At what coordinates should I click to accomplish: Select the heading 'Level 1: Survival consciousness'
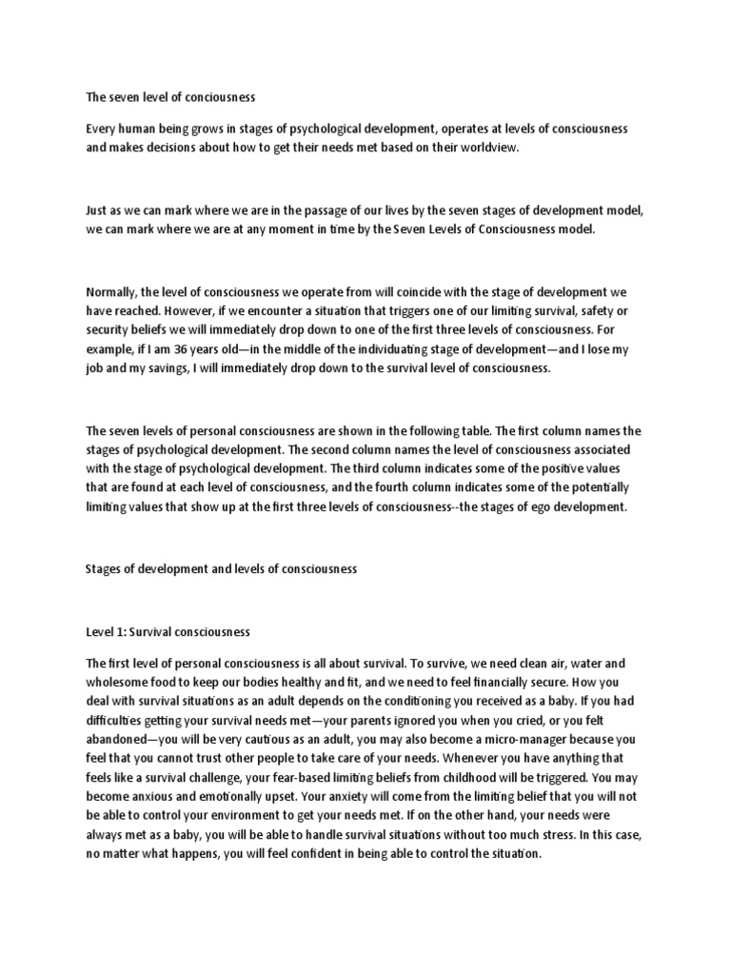click(168, 631)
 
